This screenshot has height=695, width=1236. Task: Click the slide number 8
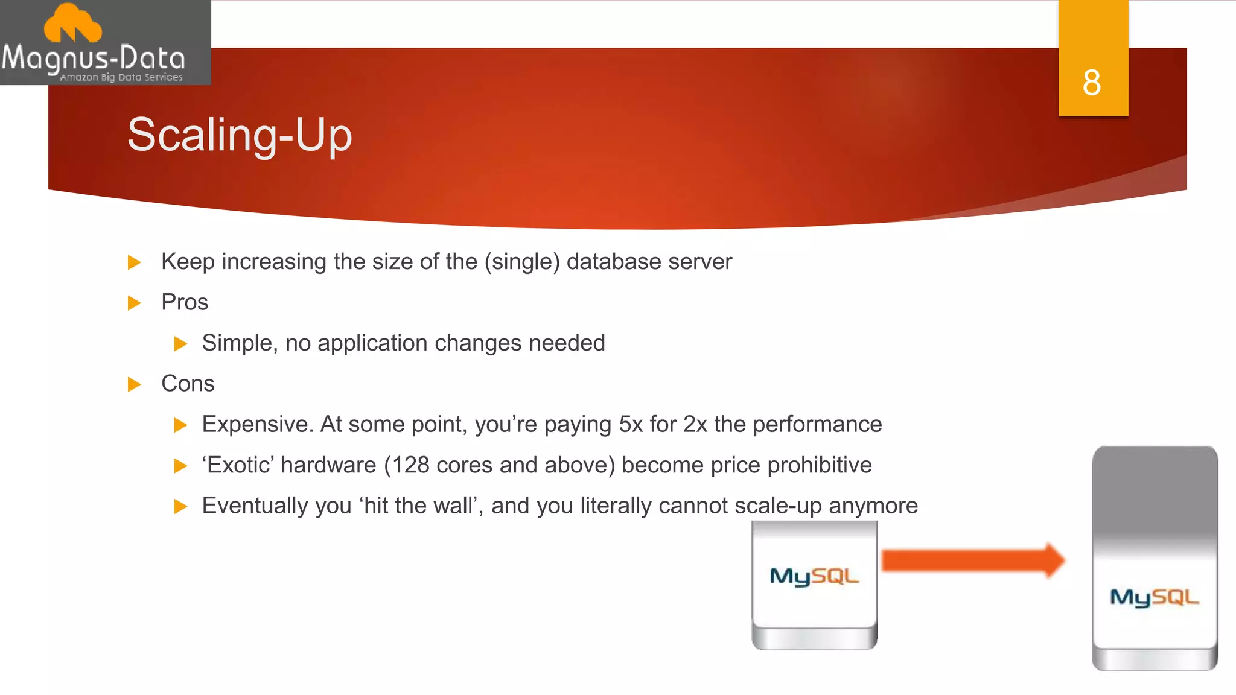tap(1091, 83)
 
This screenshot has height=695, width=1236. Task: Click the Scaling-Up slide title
tap(240, 135)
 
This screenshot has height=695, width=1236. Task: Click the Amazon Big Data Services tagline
tap(121, 77)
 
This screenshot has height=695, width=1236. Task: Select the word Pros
tap(185, 302)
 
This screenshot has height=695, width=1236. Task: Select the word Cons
tap(188, 384)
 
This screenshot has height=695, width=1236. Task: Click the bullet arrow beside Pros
tap(135, 303)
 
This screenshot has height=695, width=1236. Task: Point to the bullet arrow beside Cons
tap(135, 384)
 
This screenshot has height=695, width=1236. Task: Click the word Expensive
tap(256, 425)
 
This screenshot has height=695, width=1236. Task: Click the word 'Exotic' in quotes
tap(238, 465)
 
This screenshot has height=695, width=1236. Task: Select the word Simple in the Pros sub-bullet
tap(238, 343)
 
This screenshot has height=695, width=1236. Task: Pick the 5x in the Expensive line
tap(631, 425)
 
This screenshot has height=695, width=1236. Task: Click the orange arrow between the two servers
tap(972, 560)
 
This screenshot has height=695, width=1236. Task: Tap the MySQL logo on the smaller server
tap(814, 576)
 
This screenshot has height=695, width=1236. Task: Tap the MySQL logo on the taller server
tap(1155, 597)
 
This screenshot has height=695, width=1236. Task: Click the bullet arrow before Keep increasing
tap(135, 262)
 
